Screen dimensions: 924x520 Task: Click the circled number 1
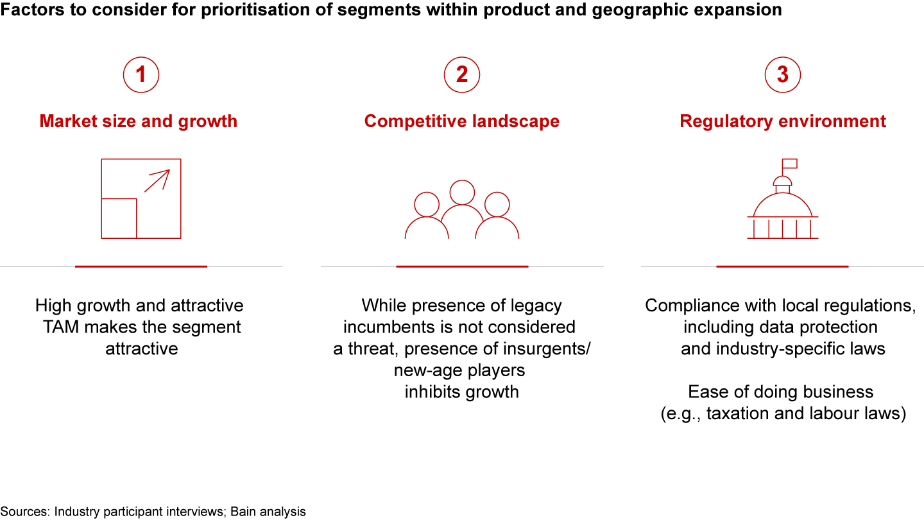pos(141,74)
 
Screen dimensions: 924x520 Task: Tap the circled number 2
pos(462,74)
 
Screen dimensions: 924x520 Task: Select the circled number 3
pos(783,74)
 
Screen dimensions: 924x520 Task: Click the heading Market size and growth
pos(139,121)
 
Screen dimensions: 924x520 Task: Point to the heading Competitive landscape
pos(462,121)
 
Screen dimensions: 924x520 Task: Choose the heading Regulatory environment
pos(783,121)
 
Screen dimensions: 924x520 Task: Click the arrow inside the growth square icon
pos(157,181)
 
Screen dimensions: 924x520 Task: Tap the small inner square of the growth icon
pos(119,218)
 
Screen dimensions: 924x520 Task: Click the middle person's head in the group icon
pos(462,193)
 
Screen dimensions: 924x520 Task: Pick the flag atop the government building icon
pos(789,164)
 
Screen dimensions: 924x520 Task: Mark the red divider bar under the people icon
pos(462,266)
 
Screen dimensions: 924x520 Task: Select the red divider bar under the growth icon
pos(141,266)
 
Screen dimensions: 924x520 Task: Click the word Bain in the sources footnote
pos(244,512)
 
